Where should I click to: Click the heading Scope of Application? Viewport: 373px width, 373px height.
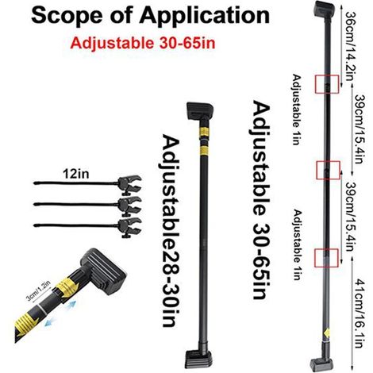[150, 16]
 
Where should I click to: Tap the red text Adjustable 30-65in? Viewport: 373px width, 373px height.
[143, 43]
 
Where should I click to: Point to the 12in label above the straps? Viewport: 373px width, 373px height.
[76, 174]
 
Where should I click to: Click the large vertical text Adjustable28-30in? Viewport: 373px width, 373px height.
[171, 231]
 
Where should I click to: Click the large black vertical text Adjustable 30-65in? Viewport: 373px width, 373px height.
[261, 200]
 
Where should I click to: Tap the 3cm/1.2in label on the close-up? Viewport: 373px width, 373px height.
[39, 292]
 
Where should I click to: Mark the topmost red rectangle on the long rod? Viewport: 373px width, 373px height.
[327, 84]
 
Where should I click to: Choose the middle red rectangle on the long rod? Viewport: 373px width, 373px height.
[328, 170]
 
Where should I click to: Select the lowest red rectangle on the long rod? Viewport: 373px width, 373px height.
[326, 258]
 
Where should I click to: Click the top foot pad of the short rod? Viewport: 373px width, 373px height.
[200, 111]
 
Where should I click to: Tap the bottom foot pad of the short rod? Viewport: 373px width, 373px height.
[198, 359]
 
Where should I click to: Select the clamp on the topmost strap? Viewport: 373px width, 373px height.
[129, 183]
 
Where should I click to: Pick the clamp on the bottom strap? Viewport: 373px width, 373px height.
[130, 226]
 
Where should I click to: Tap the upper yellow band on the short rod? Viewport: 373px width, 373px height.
[204, 132]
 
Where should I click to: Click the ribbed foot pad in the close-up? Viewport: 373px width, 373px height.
[103, 270]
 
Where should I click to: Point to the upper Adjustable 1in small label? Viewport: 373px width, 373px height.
[297, 110]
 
